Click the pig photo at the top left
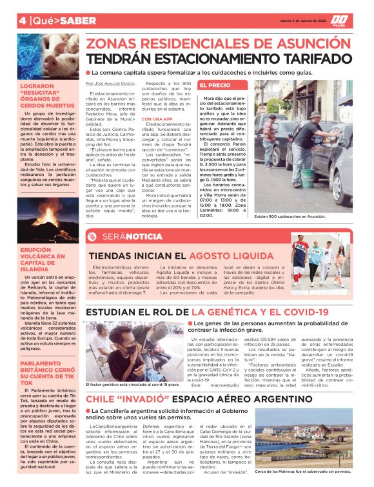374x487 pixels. click(x=47, y=56)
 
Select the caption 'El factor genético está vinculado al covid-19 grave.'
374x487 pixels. click(x=133, y=385)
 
